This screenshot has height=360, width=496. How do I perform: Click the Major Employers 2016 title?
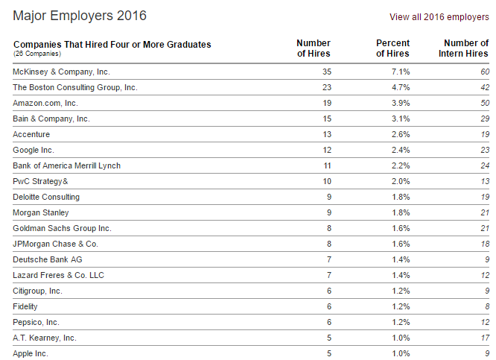click(x=80, y=16)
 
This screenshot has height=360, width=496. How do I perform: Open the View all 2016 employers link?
click(x=439, y=16)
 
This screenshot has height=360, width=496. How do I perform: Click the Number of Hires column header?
click(x=314, y=48)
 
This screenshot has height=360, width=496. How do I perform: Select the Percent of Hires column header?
click(x=392, y=48)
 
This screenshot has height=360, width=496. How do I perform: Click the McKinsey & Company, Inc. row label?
click(x=62, y=72)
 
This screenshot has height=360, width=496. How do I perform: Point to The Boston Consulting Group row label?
click(x=75, y=87)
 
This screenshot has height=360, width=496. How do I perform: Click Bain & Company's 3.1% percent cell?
click(x=400, y=119)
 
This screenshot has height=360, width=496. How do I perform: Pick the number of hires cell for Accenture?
click(x=325, y=134)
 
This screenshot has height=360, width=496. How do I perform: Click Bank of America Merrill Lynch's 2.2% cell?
click(x=400, y=165)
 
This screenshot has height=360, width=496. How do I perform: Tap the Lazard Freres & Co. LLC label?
click(x=59, y=275)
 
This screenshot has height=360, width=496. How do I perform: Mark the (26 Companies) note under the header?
click(x=37, y=54)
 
